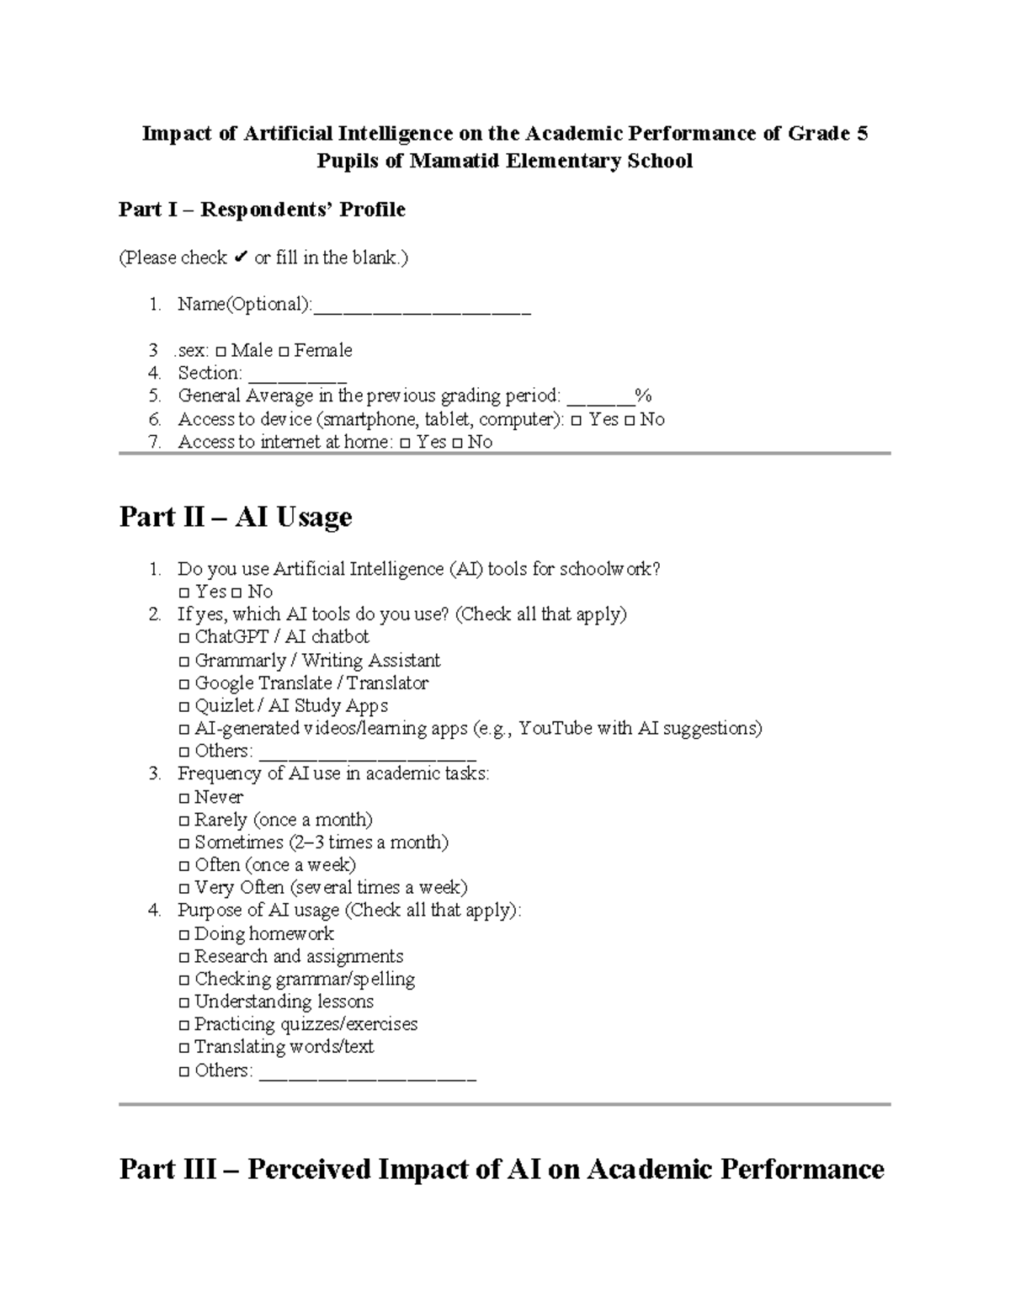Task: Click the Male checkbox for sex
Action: pyautogui.click(x=221, y=352)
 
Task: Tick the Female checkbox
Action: pyautogui.click(x=284, y=352)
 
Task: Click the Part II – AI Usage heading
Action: pyautogui.click(x=236, y=517)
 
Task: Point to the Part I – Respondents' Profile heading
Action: pyautogui.click(x=262, y=210)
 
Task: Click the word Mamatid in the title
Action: pyautogui.click(x=454, y=161)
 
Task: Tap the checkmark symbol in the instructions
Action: pyautogui.click(x=240, y=258)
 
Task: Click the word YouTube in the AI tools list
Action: pyautogui.click(x=555, y=729)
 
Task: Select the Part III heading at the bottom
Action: pyautogui.click(x=502, y=1169)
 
